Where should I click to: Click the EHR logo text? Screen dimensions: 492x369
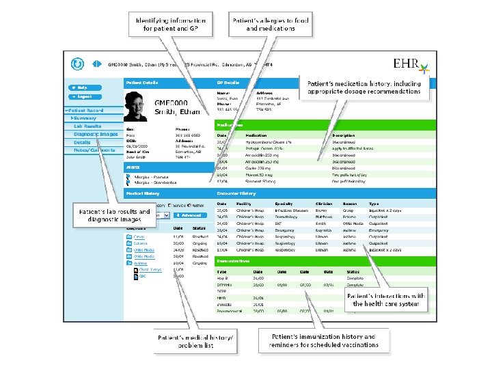[x=407, y=64]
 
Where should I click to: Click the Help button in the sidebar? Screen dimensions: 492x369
[x=81, y=87]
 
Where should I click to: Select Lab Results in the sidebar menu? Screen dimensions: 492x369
[x=87, y=126]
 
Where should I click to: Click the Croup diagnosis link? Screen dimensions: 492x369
[x=139, y=236]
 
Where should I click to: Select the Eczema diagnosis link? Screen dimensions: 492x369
[x=141, y=244]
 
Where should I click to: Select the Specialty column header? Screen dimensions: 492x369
[x=283, y=204]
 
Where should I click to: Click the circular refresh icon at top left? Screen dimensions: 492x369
[x=79, y=64]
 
